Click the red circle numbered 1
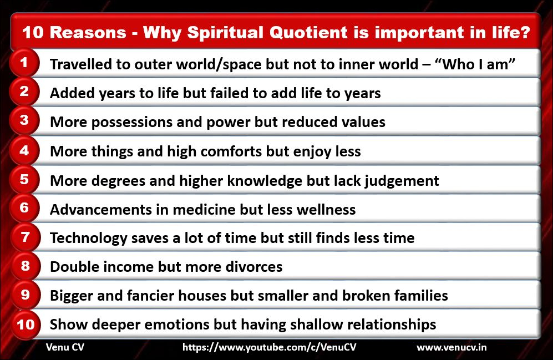(x=24, y=63)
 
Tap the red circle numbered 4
(x=24, y=150)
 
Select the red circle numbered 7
(x=25, y=237)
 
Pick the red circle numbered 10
(x=26, y=324)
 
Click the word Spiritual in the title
(x=225, y=32)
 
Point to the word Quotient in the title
(x=308, y=32)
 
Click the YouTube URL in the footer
(x=269, y=347)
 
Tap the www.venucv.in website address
(x=451, y=347)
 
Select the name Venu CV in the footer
(x=65, y=347)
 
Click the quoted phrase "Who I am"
(x=475, y=64)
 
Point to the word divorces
(x=254, y=267)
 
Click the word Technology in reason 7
(x=89, y=239)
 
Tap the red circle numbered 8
(x=25, y=266)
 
